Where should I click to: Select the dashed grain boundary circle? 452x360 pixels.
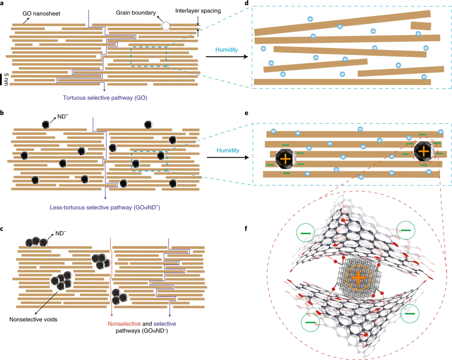166,26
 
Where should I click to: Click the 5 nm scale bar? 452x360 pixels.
2,79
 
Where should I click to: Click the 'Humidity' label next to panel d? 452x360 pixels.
226,50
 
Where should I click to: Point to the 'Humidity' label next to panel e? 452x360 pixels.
226,149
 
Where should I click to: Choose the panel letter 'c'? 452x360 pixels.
3,228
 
